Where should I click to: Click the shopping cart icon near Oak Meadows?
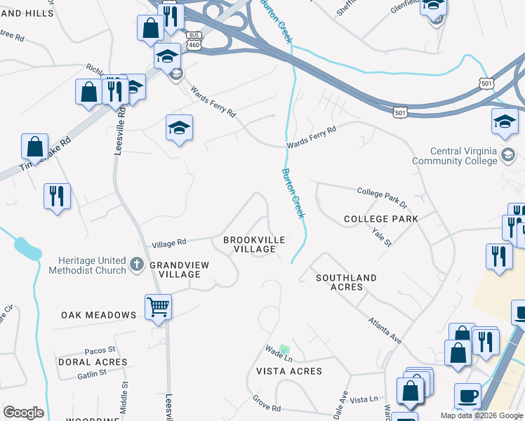[x=158, y=306]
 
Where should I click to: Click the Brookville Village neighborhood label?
[x=254, y=244]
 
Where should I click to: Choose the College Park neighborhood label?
[x=381, y=219]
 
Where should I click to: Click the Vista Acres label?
[x=289, y=371]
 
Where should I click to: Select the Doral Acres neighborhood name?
[x=93, y=362]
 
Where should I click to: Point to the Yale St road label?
[x=382, y=236]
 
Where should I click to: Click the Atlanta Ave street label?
[x=385, y=330]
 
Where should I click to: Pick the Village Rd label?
[x=169, y=242]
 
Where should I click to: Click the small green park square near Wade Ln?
[x=284, y=349]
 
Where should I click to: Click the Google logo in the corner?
[x=23, y=413]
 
